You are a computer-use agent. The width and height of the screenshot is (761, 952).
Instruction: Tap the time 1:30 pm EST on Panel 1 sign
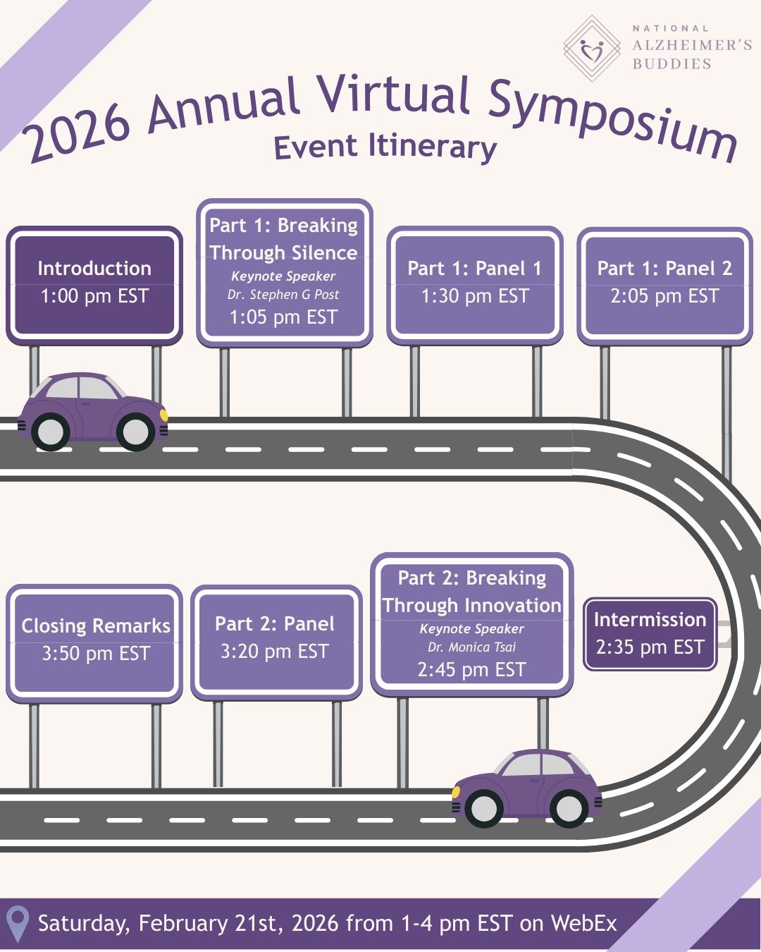coord(474,296)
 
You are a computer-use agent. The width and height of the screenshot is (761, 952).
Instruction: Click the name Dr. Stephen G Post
coord(283,295)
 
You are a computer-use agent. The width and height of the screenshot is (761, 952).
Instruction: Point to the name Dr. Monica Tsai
coord(471,647)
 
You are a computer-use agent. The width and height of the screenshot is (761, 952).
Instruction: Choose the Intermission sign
coord(650,633)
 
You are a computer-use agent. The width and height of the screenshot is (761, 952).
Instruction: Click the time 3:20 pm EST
coord(274,652)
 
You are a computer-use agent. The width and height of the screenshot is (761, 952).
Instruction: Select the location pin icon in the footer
coord(17,924)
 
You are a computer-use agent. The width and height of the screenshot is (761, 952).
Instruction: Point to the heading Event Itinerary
coord(385,147)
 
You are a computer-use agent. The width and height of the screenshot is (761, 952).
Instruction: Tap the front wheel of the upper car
coord(136,432)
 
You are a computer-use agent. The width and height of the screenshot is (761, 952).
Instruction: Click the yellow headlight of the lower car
coord(456,792)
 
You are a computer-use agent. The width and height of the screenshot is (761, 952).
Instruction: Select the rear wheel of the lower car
coord(569,808)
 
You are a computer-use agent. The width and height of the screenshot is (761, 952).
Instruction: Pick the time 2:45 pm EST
coord(471,669)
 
